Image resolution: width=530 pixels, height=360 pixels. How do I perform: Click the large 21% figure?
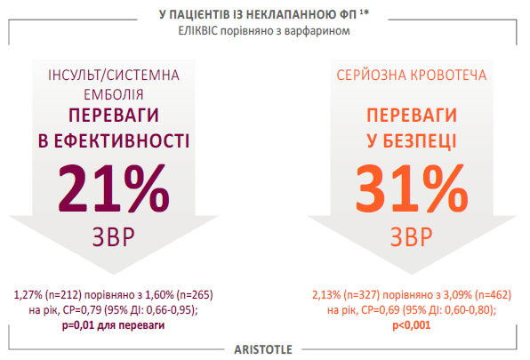click(x=114, y=188)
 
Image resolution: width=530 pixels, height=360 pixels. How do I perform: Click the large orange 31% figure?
click(x=412, y=188)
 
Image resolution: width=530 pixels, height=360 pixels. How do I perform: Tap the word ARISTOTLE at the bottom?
click(x=263, y=349)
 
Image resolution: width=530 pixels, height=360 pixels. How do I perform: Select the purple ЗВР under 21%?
click(x=114, y=237)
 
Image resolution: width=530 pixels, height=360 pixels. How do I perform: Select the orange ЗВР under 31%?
click(x=412, y=237)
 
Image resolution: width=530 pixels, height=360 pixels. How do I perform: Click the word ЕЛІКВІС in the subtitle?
click(x=198, y=31)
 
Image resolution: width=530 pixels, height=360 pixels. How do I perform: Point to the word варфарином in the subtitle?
click(x=317, y=31)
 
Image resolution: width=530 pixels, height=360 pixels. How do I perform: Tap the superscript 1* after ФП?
click(x=364, y=12)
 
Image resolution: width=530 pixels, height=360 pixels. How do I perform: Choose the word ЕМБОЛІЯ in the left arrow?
click(x=114, y=95)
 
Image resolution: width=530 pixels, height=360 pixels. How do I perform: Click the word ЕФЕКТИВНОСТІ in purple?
click(x=122, y=141)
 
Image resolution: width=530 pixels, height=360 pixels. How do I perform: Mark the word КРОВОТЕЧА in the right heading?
click(x=448, y=75)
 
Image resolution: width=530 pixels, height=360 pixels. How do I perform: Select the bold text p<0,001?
click(x=412, y=325)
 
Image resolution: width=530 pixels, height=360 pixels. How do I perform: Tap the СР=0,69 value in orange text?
click(x=381, y=310)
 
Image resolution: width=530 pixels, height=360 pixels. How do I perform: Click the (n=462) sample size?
click(x=494, y=295)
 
